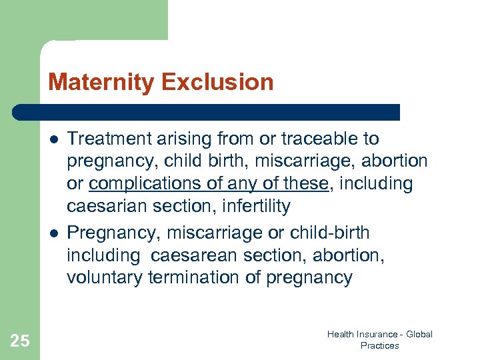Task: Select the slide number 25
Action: pos(20,341)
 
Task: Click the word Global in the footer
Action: pos(418,334)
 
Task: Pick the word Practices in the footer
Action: pos(379,345)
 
